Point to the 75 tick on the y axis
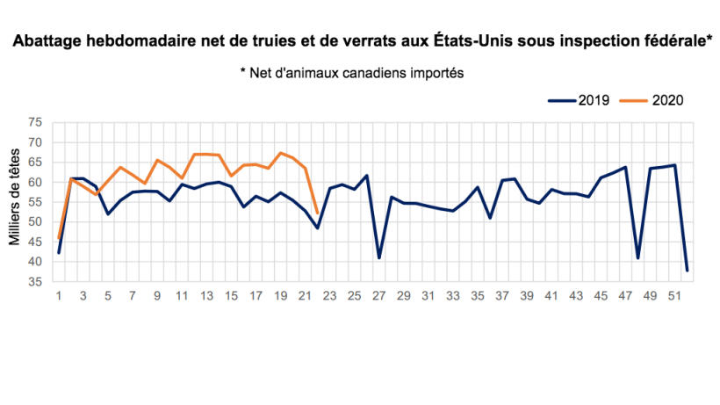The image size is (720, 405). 36,123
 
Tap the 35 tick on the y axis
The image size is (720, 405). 36,282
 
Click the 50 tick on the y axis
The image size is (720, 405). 36,222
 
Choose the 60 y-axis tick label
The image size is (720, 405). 36,183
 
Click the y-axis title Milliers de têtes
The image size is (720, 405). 15,203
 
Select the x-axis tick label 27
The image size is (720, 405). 378,297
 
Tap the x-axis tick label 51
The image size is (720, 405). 674,297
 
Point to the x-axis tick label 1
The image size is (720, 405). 59,297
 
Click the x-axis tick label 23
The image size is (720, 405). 329,297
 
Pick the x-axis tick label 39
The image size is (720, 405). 527,297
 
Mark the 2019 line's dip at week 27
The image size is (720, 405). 378,257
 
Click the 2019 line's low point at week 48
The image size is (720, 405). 637,257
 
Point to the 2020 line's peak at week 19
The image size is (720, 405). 280,153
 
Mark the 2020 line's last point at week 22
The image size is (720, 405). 317,213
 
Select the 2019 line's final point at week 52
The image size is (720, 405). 687,270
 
